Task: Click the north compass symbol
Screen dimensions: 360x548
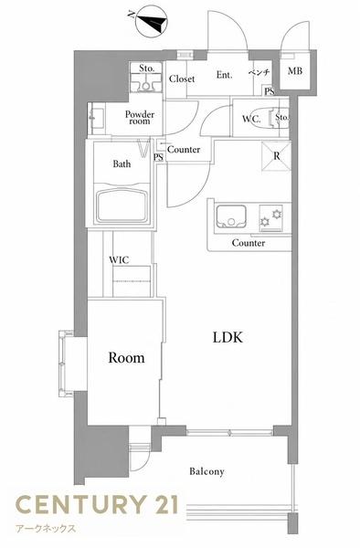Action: coord(151,23)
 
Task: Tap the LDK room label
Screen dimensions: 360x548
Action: coord(228,337)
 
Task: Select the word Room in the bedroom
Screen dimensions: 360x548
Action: coord(126,357)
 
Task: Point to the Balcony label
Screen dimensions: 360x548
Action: coord(206,471)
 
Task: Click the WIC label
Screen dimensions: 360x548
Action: coord(119,260)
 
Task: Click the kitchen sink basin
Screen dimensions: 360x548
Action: coord(231,216)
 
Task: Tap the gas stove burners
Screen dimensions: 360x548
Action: coord(270,217)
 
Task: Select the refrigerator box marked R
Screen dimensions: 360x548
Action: coord(276,156)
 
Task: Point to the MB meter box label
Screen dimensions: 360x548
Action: coord(295,71)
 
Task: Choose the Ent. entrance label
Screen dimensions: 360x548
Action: coord(224,75)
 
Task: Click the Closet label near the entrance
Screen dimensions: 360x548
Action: coord(182,79)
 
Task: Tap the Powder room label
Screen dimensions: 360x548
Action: coord(140,118)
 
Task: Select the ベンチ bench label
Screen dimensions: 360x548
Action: coord(259,72)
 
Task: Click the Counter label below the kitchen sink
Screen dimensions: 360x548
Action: coord(249,243)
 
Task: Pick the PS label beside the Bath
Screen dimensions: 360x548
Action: coord(158,157)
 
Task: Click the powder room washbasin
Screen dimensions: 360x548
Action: coord(96,119)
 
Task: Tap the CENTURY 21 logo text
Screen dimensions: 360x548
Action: coord(97,504)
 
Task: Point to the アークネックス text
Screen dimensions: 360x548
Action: coord(46,528)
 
